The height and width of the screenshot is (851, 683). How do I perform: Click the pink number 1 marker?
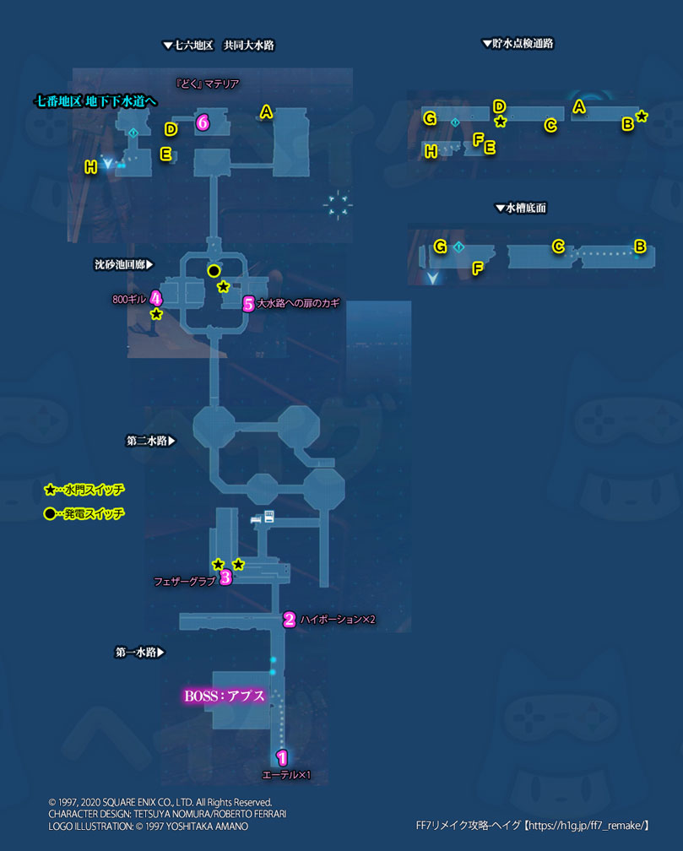click(282, 757)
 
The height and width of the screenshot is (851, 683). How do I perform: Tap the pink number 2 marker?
click(289, 619)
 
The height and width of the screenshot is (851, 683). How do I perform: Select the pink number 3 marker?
click(225, 577)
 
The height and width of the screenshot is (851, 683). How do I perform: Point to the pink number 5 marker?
click(248, 303)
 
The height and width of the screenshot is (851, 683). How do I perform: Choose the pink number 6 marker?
click(203, 122)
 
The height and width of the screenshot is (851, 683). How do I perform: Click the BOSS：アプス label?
click(225, 697)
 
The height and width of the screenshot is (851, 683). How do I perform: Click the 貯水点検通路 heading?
click(518, 44)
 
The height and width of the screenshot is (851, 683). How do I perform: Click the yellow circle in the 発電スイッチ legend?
click(51, 513)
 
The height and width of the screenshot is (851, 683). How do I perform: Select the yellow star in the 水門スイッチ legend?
click(51, 489)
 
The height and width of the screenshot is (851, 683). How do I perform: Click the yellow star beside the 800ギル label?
click(156, 314)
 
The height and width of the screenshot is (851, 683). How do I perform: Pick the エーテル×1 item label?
click(289, 774)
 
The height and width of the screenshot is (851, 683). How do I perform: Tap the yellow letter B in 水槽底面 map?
click(640, 247)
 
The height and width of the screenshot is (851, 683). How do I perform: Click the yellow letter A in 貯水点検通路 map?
click(578, 106)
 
